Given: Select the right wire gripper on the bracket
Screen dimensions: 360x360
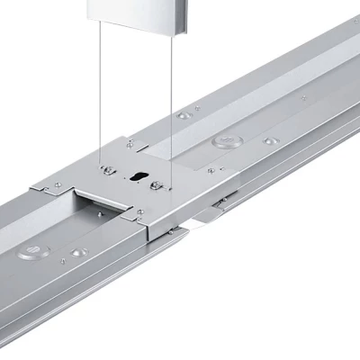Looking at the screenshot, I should [158, 185].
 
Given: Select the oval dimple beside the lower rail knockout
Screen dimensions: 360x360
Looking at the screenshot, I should [76, 254].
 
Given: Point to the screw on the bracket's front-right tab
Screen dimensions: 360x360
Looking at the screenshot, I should [140, 213].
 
